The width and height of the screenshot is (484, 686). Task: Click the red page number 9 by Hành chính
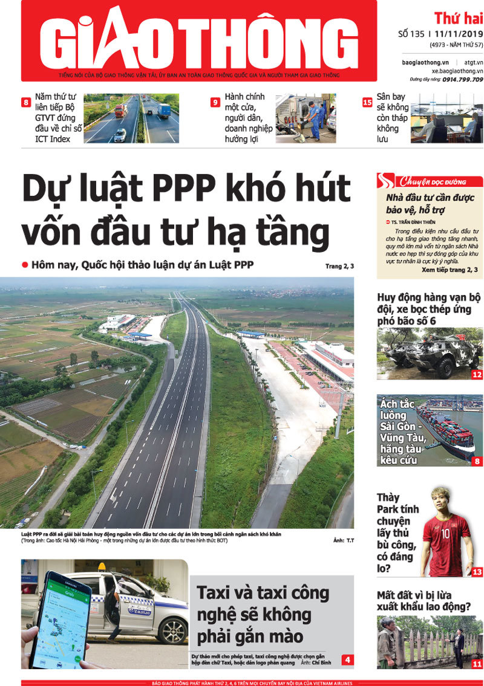coord(215,102)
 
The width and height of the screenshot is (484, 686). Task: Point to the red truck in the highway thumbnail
coord(120,111)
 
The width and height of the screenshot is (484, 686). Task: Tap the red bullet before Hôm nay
coord(25,265)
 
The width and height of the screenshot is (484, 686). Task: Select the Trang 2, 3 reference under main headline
coord(339,266)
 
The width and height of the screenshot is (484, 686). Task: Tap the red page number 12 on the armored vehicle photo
coord(477,375)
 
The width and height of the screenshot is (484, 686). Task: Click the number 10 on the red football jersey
coord(446,532)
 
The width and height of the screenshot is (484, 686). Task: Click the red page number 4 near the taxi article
coord(348,659)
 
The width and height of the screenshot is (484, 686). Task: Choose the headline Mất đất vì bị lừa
coord(423,601)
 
